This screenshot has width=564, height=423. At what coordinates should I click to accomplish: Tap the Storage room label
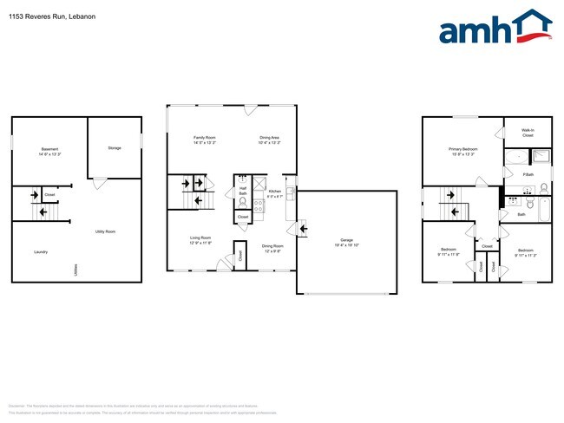point(115,148)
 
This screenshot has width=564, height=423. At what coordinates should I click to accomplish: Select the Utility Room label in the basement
point(105,231)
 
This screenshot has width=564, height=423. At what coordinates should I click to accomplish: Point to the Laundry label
point(41,252)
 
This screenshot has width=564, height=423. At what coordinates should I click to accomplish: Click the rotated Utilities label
point(76,270)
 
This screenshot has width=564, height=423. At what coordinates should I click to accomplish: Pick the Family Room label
point(204,138)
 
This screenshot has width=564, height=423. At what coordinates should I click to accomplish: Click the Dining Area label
point(269,138)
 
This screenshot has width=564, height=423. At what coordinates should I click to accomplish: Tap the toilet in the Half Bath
point(242,205)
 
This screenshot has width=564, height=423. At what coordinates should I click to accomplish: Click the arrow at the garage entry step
point(303,229)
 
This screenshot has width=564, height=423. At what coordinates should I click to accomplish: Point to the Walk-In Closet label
point(528,133)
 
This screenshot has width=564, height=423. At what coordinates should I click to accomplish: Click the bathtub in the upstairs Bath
point(544,211)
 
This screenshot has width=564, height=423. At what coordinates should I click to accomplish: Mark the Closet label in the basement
point(49,195)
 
